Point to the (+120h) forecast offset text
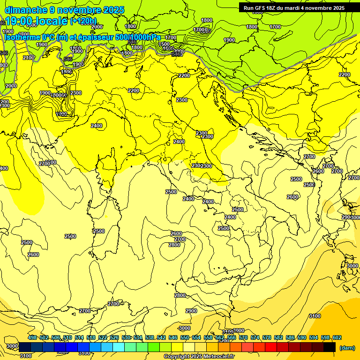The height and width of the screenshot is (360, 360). pyautogui.click(x=83, y=21)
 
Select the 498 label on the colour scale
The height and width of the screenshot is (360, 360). pyautogui.click(x=32, y=337)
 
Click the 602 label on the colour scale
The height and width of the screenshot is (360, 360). pyautogui.click(x=337, y=337)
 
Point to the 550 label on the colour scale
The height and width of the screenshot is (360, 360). pyautogui.click(x=184, y=337)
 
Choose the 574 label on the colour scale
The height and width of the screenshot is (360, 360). pyautogui.click(x=255, y=337)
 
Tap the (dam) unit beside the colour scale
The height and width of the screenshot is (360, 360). pyautogui.click(x=347, y=347)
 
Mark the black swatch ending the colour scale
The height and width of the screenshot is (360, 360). pyautogui.click(x=330, y=347)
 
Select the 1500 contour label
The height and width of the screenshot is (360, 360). pyautogui.click(x=164, y=44)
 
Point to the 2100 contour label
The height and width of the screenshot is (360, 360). pyautogui.click(x=29, y=58)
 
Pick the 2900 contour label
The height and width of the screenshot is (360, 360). pyautogui.click(x=191, y=311)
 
